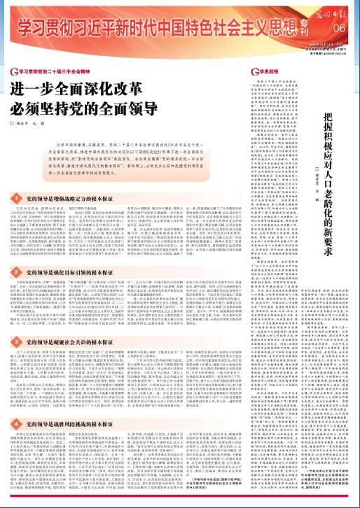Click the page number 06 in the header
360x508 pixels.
click(x=340, y=27)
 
